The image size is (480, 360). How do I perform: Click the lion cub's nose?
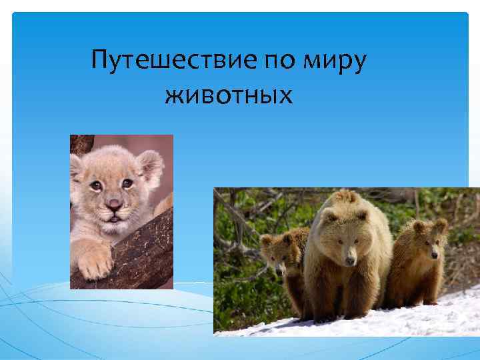113,203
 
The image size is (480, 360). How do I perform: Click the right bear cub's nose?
434,254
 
